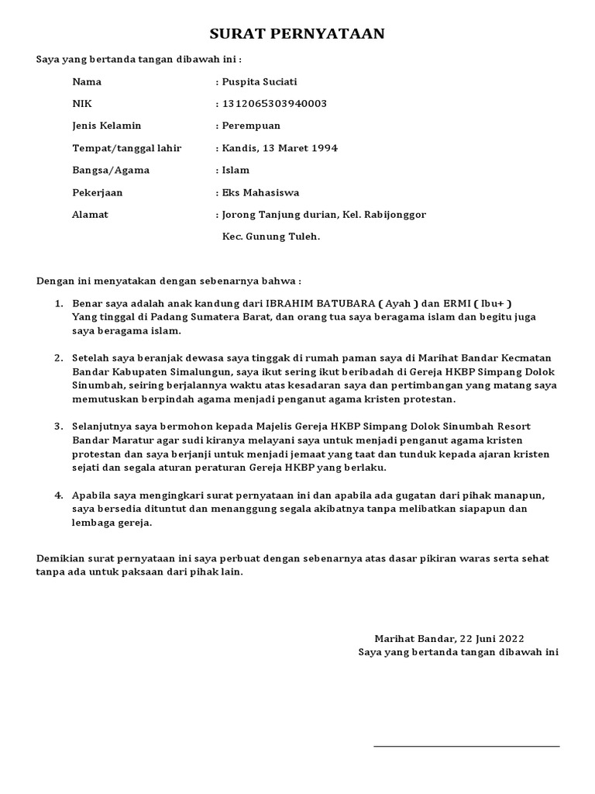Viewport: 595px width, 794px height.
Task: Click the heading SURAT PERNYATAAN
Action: click(x=297, y=34)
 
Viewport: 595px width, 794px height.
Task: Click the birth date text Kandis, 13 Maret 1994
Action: click(x=279, y=148)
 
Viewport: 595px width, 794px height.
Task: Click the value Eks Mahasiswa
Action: click(x=260, y=192)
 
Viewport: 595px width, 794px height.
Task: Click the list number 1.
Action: click(x=58, y=302)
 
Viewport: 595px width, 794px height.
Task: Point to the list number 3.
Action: click(x=58, y=427)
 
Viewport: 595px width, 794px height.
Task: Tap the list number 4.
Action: click(x=58, y=495)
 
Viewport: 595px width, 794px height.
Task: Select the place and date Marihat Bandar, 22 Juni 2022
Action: click(x=449, y=638)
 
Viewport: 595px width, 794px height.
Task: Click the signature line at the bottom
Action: click(x=466, y=747)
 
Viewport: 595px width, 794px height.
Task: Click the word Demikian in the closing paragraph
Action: click(x=61, y=558)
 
